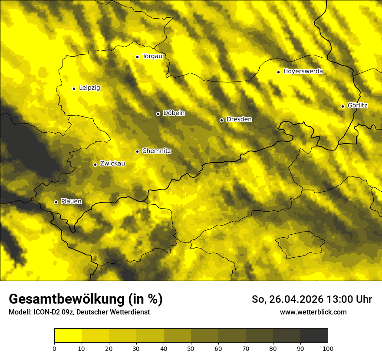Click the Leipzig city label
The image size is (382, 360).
pos(89,88)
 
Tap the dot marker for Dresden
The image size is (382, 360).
pos(221,120)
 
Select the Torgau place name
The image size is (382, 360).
pos(152,56)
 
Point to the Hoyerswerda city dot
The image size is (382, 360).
pos(278,72)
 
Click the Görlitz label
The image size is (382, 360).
pos(357,106)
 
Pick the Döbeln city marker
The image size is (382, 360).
pos(158,114)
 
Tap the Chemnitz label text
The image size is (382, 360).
pos(156,151)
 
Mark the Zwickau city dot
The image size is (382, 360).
pos(95,164)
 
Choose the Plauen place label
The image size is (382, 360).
pos(71,201)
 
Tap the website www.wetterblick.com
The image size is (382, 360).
pos(313,312)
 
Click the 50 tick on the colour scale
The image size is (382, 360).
pos(191,348)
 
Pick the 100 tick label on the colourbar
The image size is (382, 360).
pos(327,348)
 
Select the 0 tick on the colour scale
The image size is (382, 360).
pos(54,348)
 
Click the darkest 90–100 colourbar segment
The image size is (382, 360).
pos(314,336)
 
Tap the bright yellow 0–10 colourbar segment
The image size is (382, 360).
pos(68,336)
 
